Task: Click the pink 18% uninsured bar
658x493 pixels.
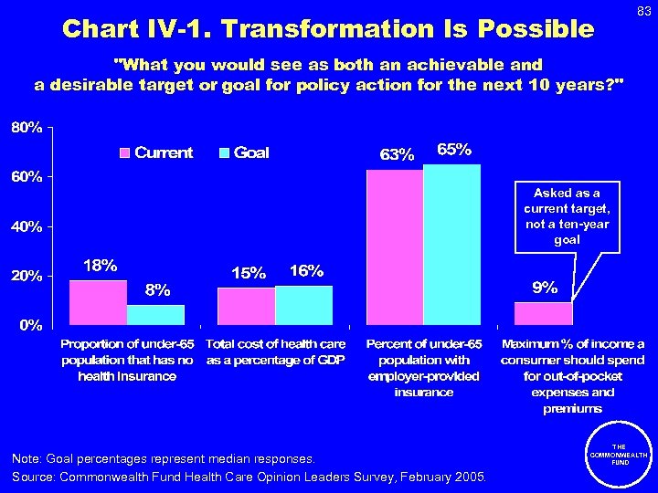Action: click(98, 302)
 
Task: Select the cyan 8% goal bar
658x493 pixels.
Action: click(155, 314)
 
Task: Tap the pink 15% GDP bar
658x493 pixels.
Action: click(246, 306)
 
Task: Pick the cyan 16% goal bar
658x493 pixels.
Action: click(303, 305)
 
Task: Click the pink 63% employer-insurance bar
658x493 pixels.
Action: click(394, 246)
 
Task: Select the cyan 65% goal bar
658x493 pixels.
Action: click(451, 244)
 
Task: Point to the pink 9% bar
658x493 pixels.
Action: click(543, 313)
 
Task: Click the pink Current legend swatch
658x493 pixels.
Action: click(126, 153)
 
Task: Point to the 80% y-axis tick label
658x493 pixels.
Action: click(26, 128)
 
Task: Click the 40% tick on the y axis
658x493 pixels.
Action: click(26, 226)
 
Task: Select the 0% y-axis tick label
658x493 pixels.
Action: click(29, 325)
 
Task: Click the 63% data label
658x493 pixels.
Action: click(397, 155)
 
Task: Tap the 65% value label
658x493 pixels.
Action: click(454, 150)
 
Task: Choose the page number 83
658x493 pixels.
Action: click(643, 10)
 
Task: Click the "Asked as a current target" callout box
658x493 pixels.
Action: click(567, 217)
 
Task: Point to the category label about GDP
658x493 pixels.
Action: click(276, 352)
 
